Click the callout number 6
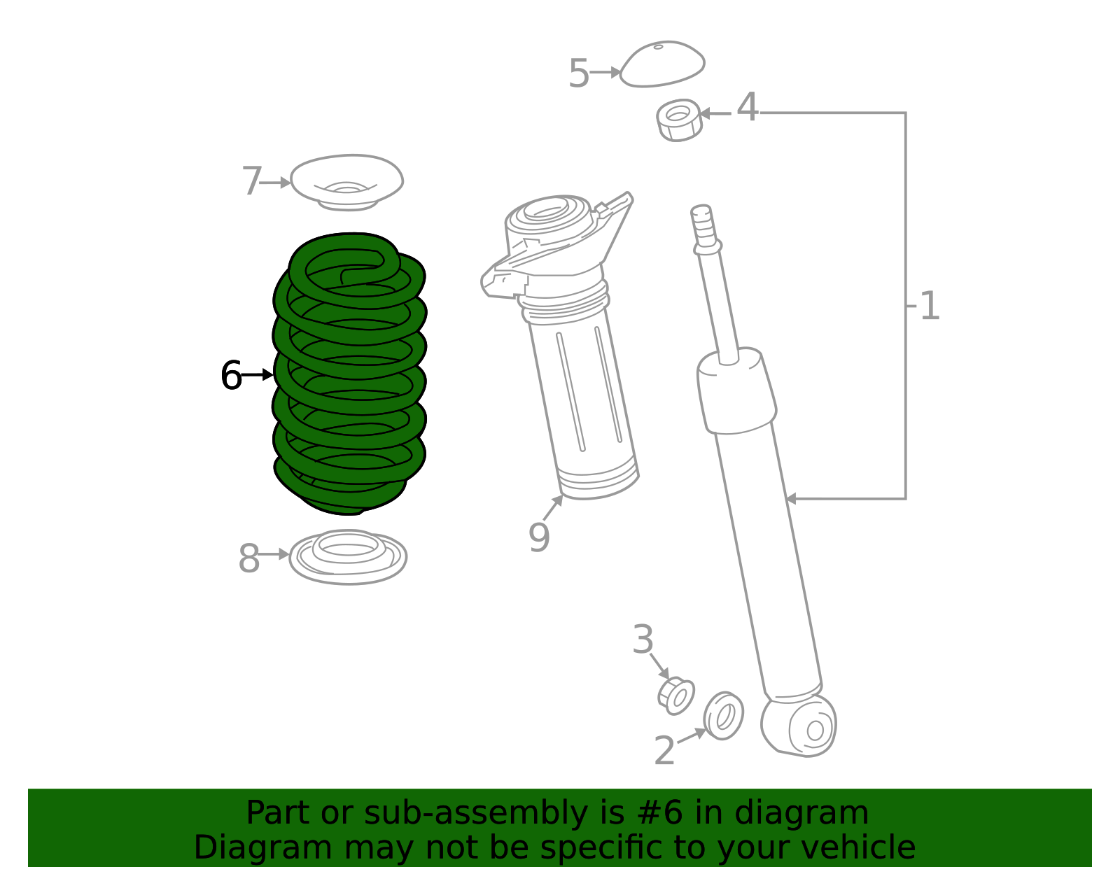[230, 376]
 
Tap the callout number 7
[251, 182]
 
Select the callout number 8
[248, 558]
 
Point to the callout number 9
[538, 537]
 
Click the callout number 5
[578, 73]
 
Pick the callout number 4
[748, 108]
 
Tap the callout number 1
[929, 306]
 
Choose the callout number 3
[643, 640]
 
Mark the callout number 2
[664, 751]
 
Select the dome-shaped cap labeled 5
[661, 64]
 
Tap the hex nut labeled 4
[678, 120]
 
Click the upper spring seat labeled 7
[346, 180]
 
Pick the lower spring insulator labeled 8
[348, 557]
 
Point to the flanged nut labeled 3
[676, 696]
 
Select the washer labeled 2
[724, 715]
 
